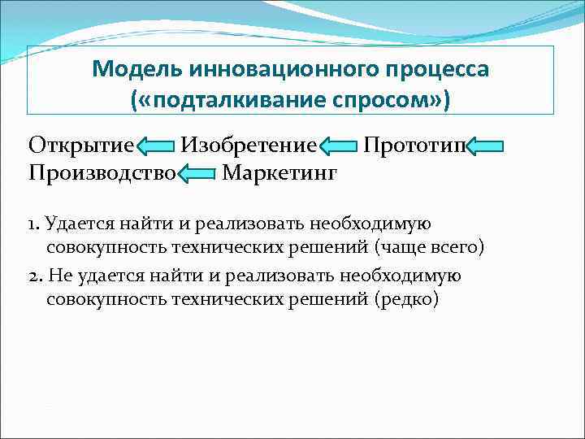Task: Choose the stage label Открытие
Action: click(80, 146)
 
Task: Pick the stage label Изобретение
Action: click(248, 146)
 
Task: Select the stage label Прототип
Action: click(414, 146)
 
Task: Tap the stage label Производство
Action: click(102, 172)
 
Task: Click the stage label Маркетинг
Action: click(279, 172)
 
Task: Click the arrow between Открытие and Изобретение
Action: click(155, 148)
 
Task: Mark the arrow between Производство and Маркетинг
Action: click(196, 174)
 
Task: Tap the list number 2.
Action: click(33, 276)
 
